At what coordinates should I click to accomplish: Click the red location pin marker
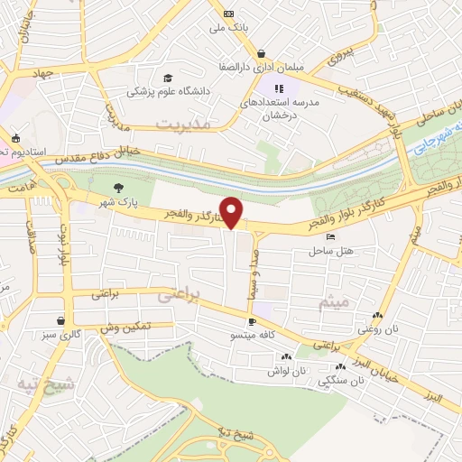click(232, 211)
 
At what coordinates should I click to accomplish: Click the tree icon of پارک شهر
click(118, 189)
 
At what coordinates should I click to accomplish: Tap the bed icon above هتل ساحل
click(330, 236)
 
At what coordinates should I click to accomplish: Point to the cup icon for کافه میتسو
click(252, 321)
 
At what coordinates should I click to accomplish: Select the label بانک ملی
click(228, 28)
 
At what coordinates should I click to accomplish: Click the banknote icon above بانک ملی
click(229, 14)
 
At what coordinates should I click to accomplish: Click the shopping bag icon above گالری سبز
click(60, 320)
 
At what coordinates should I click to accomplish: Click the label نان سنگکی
click(342, 381)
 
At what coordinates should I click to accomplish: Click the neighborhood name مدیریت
click(181, 124)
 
